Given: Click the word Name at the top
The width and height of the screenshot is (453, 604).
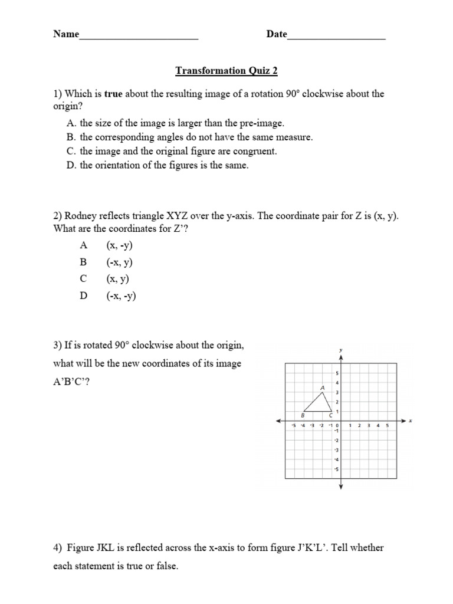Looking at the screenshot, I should point(66,34).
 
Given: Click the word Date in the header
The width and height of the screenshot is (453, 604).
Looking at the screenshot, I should point(277,34).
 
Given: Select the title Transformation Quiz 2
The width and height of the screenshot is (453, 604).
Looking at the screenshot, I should point(226,71).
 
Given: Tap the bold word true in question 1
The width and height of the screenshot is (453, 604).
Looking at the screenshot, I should point(114,94).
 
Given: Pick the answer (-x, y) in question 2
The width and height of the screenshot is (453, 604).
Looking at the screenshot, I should point(120,262).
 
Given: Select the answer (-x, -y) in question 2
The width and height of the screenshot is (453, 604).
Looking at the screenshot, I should point(121,296).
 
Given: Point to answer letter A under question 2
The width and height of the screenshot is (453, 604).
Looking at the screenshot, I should point(83,245).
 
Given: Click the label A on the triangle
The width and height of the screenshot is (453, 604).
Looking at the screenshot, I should point(323,388).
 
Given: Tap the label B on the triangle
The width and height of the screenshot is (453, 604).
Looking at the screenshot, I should point(303,415).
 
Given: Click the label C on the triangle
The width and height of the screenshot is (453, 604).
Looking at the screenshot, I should point(331,415).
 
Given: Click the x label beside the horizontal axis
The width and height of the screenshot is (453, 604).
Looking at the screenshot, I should point(410,421).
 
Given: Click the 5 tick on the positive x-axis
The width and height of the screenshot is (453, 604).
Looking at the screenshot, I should point(388,425).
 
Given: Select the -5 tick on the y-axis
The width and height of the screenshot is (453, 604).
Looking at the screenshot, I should point(336,470).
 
